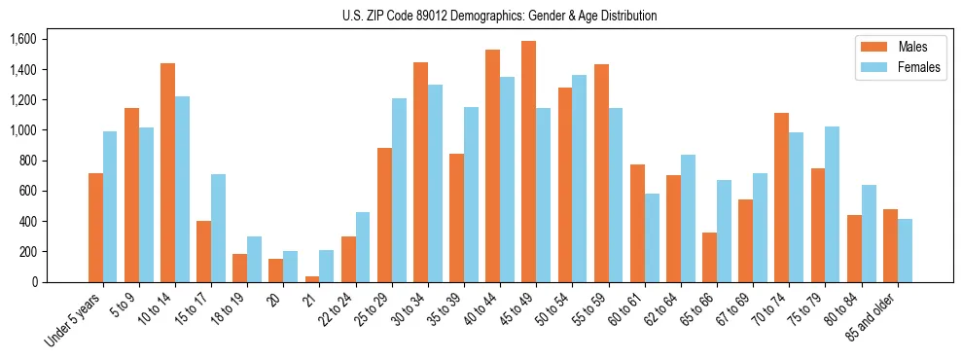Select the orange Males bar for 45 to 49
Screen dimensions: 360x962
(x=528, y=162)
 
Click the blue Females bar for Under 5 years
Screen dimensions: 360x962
(x=110, y=206)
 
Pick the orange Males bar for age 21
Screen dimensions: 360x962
(x=312, y=279)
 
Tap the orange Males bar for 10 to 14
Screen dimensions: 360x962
(x=167, y=172)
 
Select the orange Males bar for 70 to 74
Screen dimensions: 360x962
(x=781, y=198)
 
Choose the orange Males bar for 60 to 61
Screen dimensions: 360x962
(x=637, y=223)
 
